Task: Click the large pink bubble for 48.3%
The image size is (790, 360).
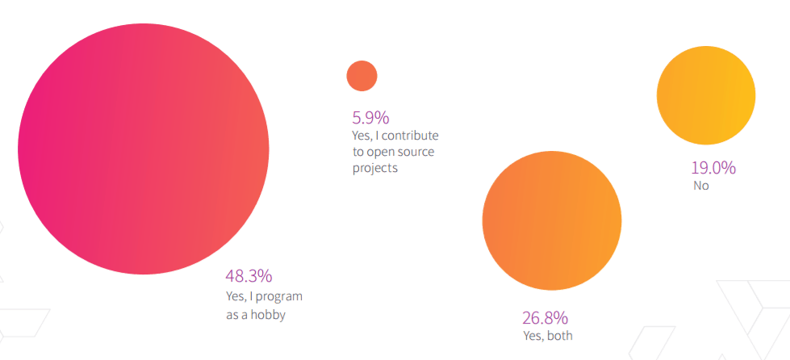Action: pyautogui.click(x=144, y=149)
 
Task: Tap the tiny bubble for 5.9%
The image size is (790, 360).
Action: pyautogui.click(x=362, y=76)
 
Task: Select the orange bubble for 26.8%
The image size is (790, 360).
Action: pyautogui.click(x=552, y=220)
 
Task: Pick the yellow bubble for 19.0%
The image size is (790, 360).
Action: pyautogui.click(x=706, y=94)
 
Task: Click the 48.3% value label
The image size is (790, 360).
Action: pyautogui.click(x=249, y=276)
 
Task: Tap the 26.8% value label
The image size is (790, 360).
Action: pyautogui.click(x=546, y=316)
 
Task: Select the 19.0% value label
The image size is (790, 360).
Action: pyautogui.click(x=713, y=168)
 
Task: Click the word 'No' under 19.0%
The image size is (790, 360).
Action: pyautogui.click(x=700, y=186)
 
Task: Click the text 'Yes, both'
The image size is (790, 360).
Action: pyautogui.click(x=548, y=335)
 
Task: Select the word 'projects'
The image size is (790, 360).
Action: pyautogui.click(x=375, y=170)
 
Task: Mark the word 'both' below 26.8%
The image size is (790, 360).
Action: pyautogui.click(x=559, y=335)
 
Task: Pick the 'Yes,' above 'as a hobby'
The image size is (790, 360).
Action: pyautogui.click(x=237, y=296)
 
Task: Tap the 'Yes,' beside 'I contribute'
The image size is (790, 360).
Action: pyautogui.click(x=362, y=135)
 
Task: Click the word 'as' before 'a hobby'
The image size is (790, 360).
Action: pyautogui.click(x=232, y=315)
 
